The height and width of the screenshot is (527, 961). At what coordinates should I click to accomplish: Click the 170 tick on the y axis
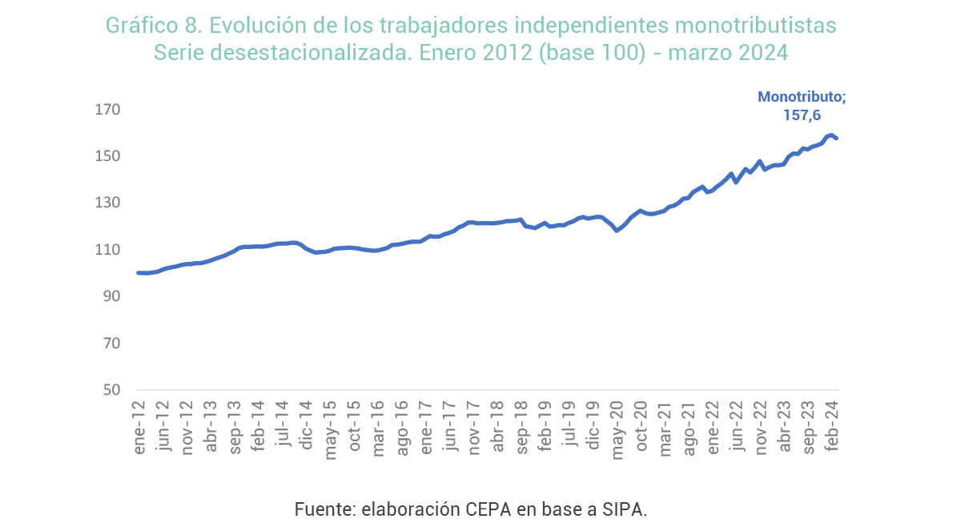point(110,109)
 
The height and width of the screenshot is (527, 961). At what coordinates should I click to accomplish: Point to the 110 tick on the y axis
point(110,250)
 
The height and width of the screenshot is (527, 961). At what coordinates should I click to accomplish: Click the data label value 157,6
point(802,115)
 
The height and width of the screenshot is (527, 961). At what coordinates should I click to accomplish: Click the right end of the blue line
point(836,139)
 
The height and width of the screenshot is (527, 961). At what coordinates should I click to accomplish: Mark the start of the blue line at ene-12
point(139,273)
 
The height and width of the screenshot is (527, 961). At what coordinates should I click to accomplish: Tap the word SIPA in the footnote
point(625,509)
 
